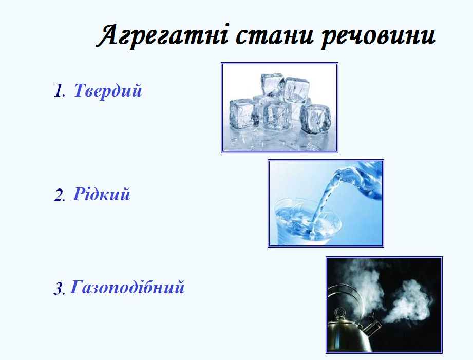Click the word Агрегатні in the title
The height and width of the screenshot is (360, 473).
pos(163,35)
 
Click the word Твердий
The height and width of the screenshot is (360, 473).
pos(108,90)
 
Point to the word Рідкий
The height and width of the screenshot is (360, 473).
pos(102,194)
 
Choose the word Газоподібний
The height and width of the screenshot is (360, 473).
pos(127,287)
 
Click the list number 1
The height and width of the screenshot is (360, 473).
pos(59,91)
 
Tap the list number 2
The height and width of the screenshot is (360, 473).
pos(59,195)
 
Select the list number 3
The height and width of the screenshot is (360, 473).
pos(59,288)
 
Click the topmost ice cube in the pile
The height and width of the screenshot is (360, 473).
pos(272,85)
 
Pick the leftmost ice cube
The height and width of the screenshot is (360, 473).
pos(244,112)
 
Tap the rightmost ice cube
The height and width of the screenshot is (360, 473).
pos(315,118)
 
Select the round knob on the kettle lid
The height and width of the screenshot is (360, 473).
pos(340,314)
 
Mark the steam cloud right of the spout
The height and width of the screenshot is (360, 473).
pos(408,302)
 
